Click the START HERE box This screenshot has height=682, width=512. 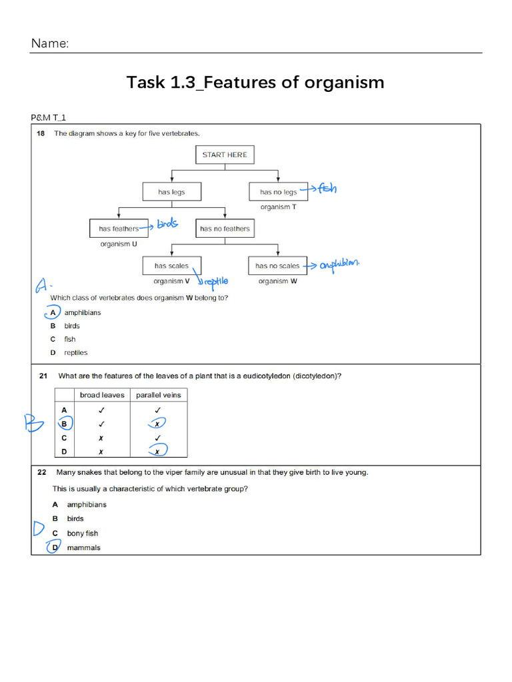225,155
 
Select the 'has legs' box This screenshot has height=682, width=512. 171,192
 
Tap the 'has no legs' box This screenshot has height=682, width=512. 278,192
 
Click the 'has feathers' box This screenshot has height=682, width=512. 119,228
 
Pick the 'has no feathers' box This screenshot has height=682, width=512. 225,228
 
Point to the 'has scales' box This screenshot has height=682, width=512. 171,266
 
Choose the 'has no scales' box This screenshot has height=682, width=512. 277,266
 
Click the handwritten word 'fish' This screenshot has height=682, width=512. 327,188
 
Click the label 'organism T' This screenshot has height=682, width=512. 278,207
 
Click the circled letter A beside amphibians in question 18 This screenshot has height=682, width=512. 53,312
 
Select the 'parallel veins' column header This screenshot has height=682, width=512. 158,395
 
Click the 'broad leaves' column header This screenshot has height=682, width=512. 102,395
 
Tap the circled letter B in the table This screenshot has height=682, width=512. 64,424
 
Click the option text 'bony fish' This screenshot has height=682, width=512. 82,533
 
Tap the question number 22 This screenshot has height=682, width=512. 41,473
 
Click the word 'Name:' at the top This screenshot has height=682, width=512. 50,44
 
